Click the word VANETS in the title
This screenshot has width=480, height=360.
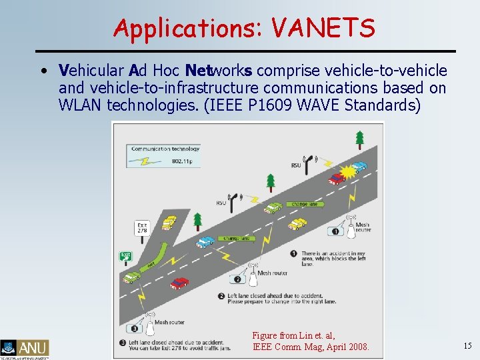(324, 28)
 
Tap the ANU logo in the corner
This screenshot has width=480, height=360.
(25, 348)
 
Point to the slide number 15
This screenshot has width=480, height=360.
(467, 345)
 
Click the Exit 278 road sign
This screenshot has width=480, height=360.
(142, 228)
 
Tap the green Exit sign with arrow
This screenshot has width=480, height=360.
(125, 255)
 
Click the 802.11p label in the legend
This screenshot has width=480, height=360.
(183, 161)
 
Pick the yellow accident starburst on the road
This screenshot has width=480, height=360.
(350, 175)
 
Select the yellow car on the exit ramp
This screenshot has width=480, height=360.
(170, 222)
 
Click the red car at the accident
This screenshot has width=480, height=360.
(337, 179)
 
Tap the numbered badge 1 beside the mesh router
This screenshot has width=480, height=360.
(335, 231)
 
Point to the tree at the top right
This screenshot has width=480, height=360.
(360, 138)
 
